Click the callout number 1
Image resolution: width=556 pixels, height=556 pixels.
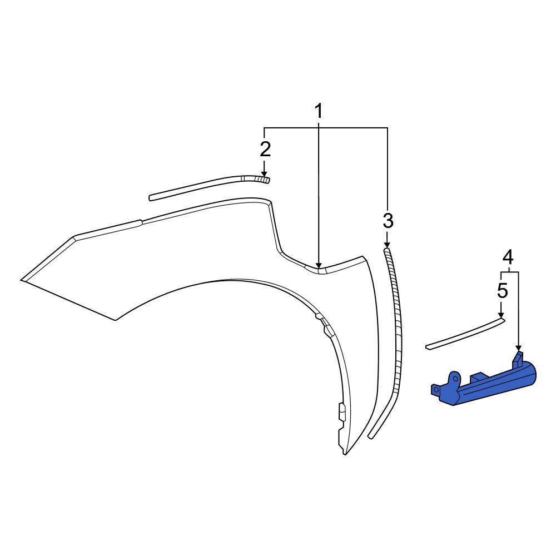[x=319, y=111]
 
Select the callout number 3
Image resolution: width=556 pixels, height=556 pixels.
[x=388, y=221]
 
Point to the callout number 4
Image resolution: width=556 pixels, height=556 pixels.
[x=508, y=257]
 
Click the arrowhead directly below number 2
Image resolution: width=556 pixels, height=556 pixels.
[x=264, y=173]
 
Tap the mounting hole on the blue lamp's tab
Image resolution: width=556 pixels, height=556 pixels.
[x=435, y=389]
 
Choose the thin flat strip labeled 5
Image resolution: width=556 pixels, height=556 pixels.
[x=464, y=334]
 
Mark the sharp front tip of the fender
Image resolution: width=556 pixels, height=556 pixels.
[x=23, y=280]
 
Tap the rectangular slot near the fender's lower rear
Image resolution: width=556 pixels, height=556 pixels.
[x=341, y=412]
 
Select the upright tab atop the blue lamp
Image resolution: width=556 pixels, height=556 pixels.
[x=519, y=359]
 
